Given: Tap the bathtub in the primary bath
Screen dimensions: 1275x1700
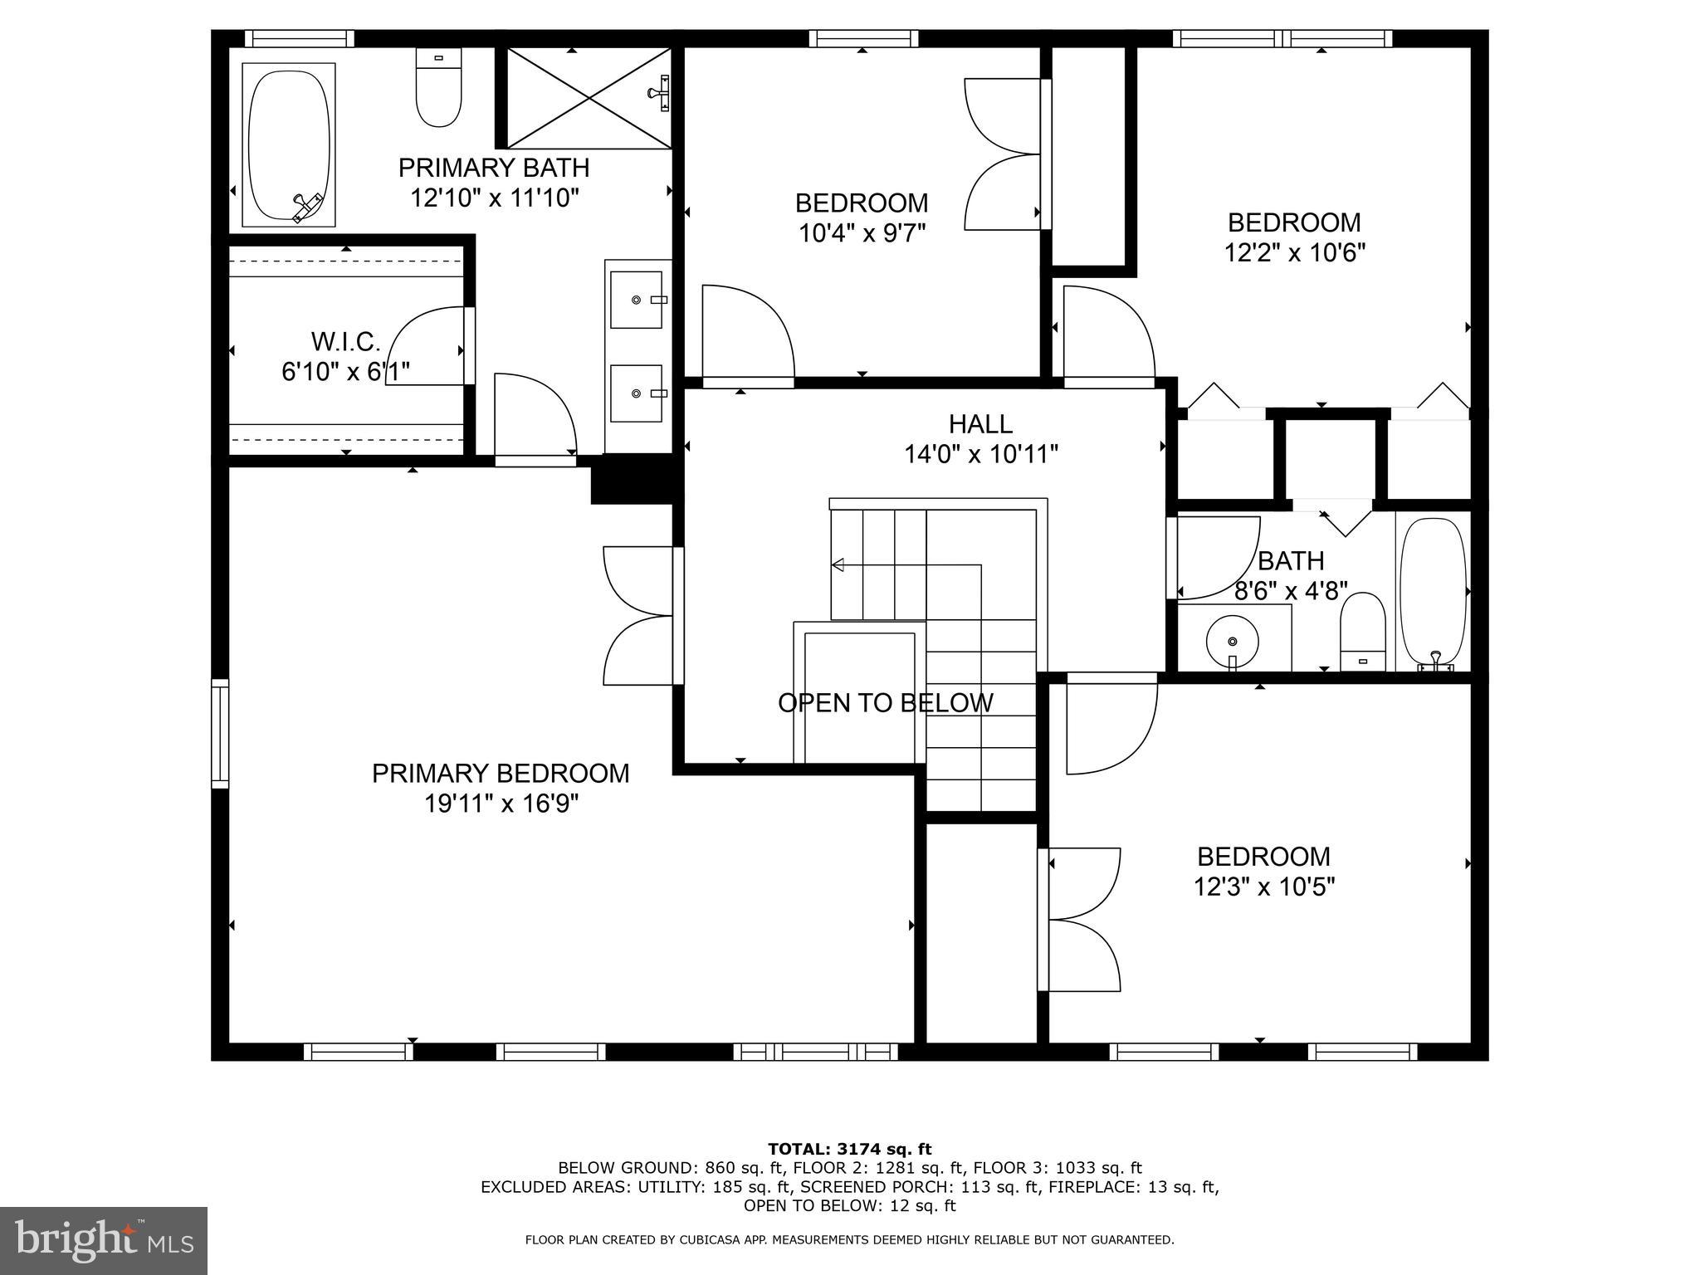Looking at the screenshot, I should [x=288, y=144].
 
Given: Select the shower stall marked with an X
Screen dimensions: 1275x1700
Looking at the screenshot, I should [x=589, y=99].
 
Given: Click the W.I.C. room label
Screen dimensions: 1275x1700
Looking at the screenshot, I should [x=345, y=341].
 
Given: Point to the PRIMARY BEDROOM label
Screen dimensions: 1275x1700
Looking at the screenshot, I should [x=501, y=774].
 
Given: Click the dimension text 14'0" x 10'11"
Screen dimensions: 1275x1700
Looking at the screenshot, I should [x=980, y=455].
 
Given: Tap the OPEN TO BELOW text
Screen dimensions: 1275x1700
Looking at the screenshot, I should [x=885, y=703].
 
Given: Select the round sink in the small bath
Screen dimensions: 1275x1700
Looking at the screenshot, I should [x=1233, y=642].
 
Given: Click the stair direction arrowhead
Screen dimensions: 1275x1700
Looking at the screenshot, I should [x=838, y=565].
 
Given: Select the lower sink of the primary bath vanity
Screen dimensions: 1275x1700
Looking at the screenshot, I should [x=637, y=393].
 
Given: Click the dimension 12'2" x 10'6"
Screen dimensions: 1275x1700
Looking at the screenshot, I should [x=1294, y=252].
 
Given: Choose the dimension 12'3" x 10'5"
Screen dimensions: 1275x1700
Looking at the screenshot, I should [x=1263, y=887].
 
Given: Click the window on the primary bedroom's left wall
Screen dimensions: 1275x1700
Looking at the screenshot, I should [x=220, y=733].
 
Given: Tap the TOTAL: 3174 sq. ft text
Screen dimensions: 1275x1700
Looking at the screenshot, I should [x=849, y=1150].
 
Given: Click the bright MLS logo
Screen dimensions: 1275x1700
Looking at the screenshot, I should [x=104, y=1241].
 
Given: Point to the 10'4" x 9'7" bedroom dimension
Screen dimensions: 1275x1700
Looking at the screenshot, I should [x=861, y=233].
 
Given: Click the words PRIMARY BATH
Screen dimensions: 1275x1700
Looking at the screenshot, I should [x=494, y=168].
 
